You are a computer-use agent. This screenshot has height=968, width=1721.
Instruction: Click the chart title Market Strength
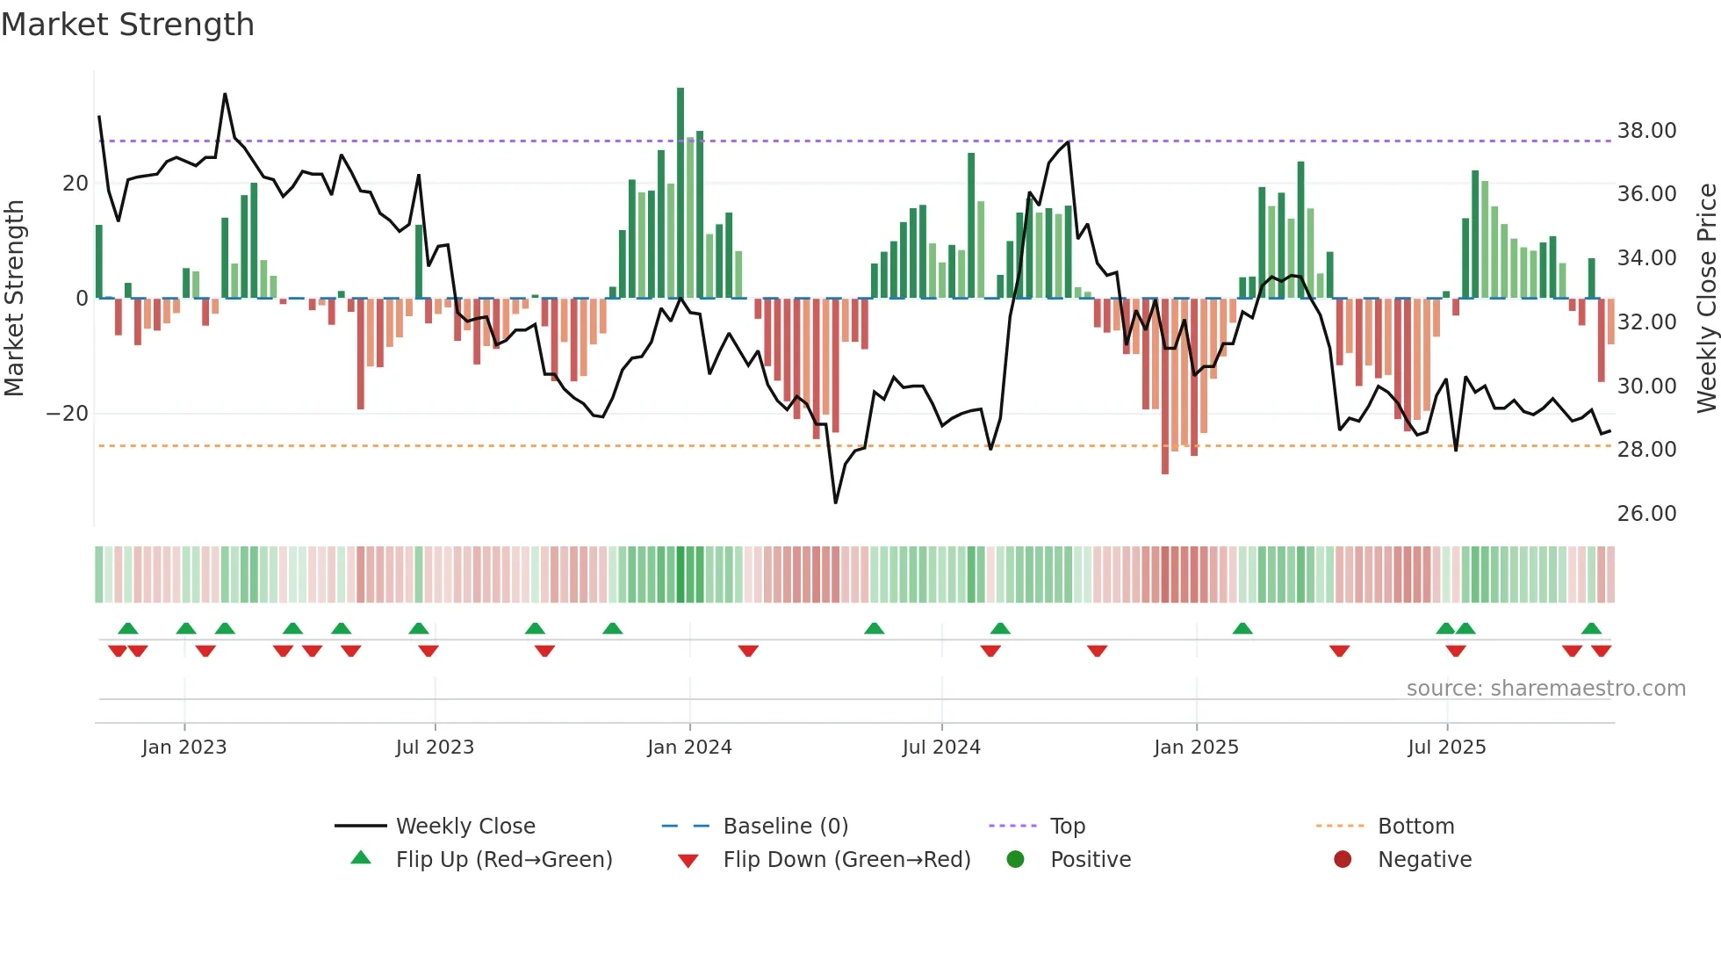127,25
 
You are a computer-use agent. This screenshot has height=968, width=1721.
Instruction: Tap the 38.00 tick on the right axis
1646,131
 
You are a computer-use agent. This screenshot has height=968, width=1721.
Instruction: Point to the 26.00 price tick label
1646,514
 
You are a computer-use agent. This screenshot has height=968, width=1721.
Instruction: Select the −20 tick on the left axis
68,414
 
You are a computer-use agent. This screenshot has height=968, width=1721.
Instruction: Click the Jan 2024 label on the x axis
689,748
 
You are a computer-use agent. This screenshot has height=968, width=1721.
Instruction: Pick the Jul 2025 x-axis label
1446,748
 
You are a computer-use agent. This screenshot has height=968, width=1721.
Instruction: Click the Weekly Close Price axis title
1706,299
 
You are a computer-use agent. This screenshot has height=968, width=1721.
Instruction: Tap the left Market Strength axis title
14,299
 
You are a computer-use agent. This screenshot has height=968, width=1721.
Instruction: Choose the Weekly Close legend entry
464,827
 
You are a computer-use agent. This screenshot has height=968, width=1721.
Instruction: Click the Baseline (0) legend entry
785,827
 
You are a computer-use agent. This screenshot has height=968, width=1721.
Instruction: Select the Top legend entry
1067,827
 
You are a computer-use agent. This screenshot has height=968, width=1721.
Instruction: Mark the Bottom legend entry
1415,827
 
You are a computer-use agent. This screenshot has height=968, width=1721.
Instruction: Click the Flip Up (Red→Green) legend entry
503,860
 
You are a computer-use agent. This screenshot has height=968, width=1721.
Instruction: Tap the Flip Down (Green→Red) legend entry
846,860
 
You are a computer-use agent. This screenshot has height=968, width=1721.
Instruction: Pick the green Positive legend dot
1015,860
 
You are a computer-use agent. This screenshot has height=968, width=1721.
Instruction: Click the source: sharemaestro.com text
1545,689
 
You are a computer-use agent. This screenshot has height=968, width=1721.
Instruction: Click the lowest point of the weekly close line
835,502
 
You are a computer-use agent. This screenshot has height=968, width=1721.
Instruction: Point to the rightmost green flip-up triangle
1591,629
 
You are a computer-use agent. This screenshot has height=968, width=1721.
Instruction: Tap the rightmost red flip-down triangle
1601,651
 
